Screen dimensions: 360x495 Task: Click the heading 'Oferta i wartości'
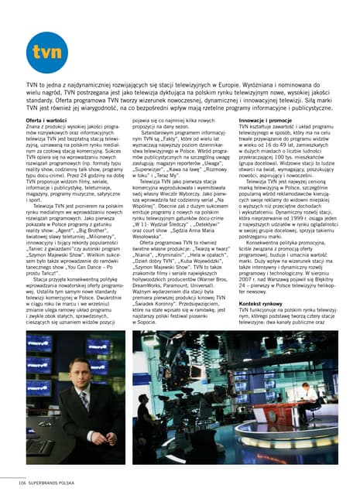tap(46, 121)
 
